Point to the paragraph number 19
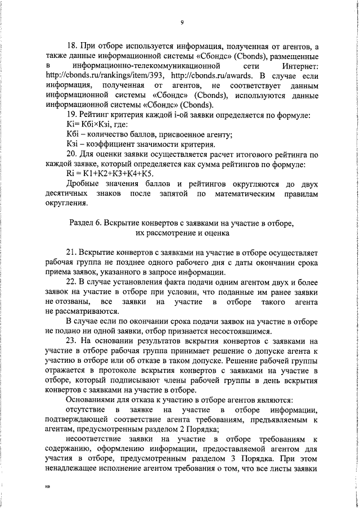[71, 115]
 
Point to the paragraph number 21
[71, 253]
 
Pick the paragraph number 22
[71, 282]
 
